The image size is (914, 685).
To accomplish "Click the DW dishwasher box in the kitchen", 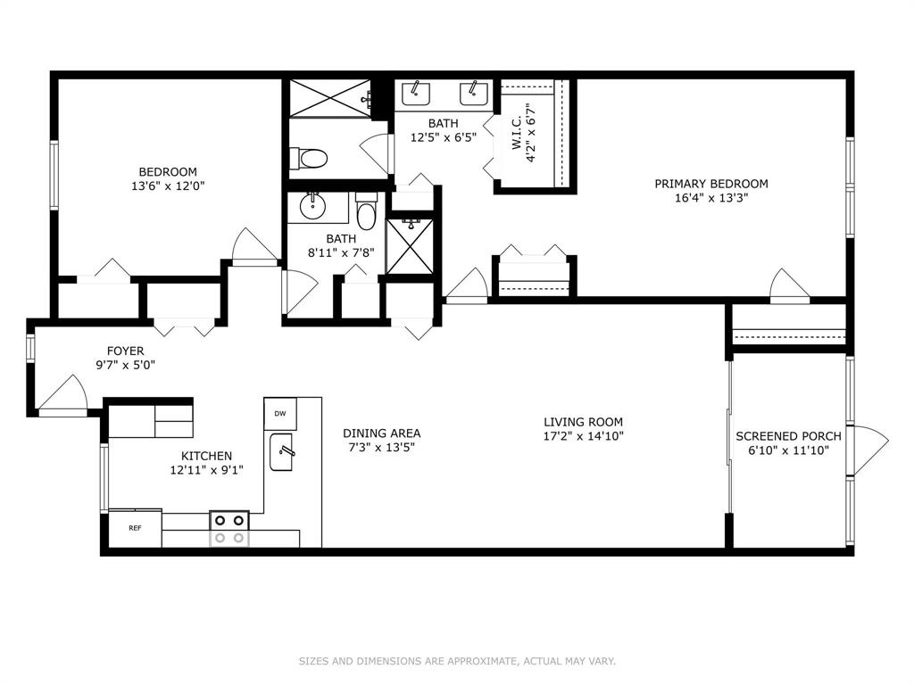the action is tap(280, 414).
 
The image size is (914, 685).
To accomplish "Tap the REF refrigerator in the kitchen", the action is tap(136, 528).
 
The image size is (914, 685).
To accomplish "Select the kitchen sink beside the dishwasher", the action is tap(281, 452).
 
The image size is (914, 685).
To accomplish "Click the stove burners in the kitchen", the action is tap(229, 529).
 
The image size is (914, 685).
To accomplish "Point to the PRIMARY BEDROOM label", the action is tap(711, 184).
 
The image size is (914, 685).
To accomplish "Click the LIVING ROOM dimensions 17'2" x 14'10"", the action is tap(584, 435).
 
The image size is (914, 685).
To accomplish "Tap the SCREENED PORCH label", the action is tap(789, 435).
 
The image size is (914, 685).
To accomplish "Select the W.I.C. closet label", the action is tap(517, 135).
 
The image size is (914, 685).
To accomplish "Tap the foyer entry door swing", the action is tap(63, 394).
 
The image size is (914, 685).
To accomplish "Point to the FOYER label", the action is tap(125, 351).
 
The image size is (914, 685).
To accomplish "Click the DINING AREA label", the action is tap(382, 433).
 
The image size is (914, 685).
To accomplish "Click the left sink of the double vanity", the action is tap(416, 94).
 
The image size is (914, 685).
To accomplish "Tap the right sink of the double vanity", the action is tap(474, 94).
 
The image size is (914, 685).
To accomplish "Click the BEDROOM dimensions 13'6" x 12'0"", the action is tap(168, 186).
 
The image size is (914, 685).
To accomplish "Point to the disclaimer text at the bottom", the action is tap(458, 661).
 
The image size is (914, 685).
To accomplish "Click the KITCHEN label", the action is tap(206, 456).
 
